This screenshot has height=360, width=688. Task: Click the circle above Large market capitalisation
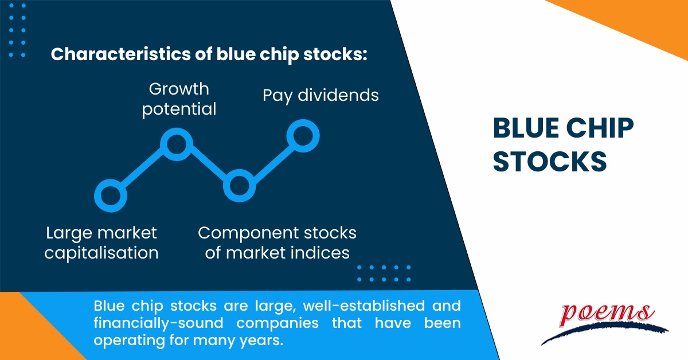click(x=110, y=195)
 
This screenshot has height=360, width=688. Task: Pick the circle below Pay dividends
click(x=302, y=136)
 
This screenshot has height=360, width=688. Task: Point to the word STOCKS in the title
click(x=550, y=162)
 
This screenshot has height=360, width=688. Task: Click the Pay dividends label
click(x=320, y=95)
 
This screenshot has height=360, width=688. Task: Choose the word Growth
click(x=179, y=89)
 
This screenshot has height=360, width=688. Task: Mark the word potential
click(x=179, y=109)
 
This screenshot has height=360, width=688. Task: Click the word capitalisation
click(x=101, y=253)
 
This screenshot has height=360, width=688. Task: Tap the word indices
click(x=319, y=253)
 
